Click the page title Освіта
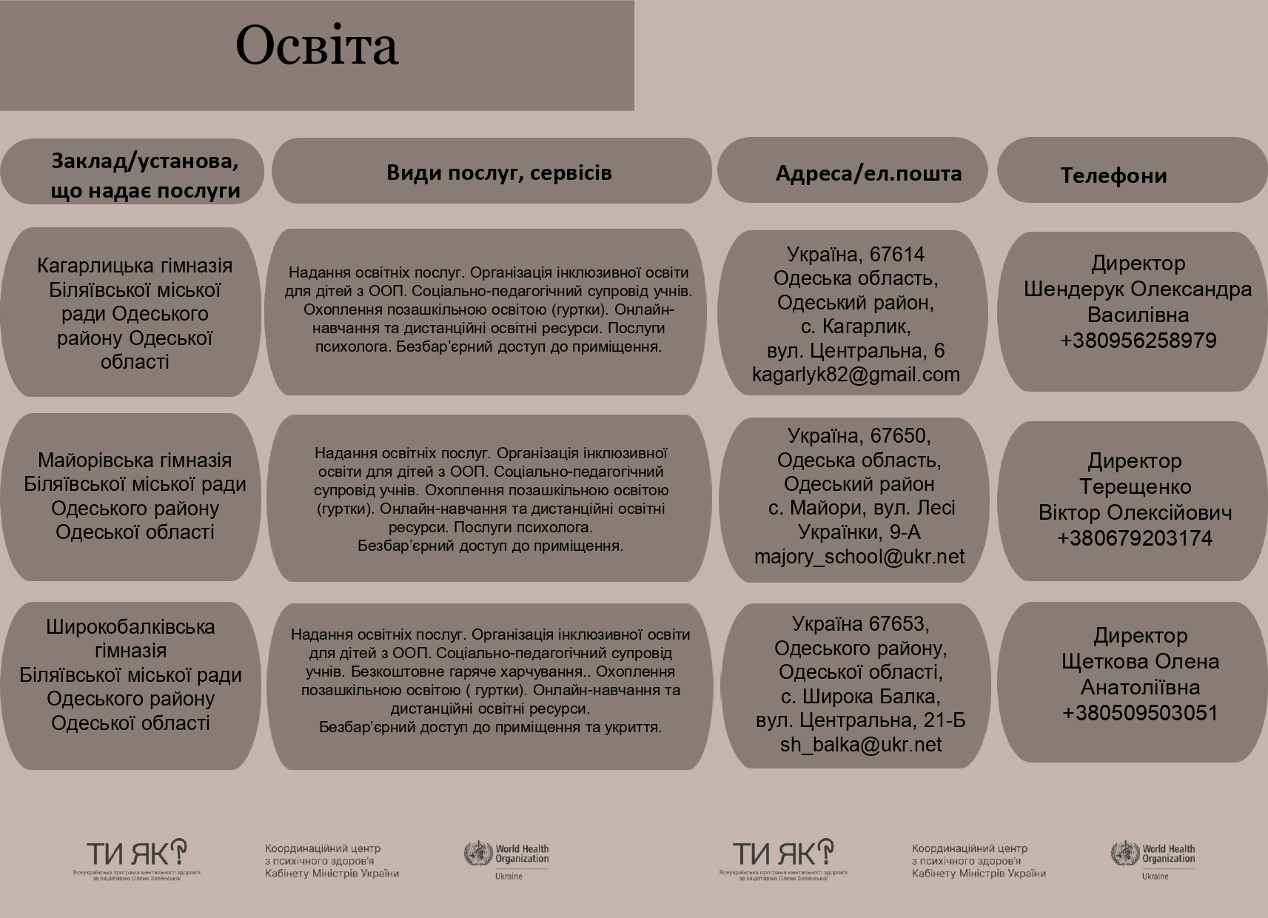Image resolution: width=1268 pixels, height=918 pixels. coord(317,46)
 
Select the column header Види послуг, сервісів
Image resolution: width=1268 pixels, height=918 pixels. coord(499,172)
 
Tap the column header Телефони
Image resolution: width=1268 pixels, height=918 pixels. coord(1113,175)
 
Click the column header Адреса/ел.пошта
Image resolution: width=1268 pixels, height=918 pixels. coord(868,173)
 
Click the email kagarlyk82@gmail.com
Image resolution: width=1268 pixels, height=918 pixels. coord(856,375)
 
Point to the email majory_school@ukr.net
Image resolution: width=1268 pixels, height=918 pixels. coord(859,557)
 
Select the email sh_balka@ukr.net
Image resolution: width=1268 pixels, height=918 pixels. coord(860,745)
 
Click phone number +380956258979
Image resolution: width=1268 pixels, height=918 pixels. coord(1138,341)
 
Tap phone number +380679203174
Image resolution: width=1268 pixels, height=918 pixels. coord(1135,538)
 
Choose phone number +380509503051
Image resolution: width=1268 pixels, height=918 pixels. coord(1140,713)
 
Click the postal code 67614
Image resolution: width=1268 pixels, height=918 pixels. coord(897,255)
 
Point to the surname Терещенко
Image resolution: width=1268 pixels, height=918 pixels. coord(1135,487)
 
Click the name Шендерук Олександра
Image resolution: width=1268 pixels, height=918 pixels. coord(1138,289)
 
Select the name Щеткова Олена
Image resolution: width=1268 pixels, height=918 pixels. coord(1140,662)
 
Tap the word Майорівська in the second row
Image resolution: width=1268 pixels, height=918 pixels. coord(90,460)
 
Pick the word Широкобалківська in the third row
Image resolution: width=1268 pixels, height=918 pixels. coord(130,627)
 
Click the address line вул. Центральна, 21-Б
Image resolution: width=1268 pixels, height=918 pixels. coord(860,720)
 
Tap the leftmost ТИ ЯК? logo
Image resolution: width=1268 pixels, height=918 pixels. coord(137,855)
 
